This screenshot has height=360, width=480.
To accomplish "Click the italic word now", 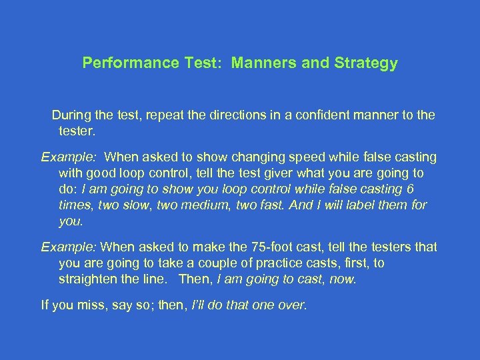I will (x=343, y=279).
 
